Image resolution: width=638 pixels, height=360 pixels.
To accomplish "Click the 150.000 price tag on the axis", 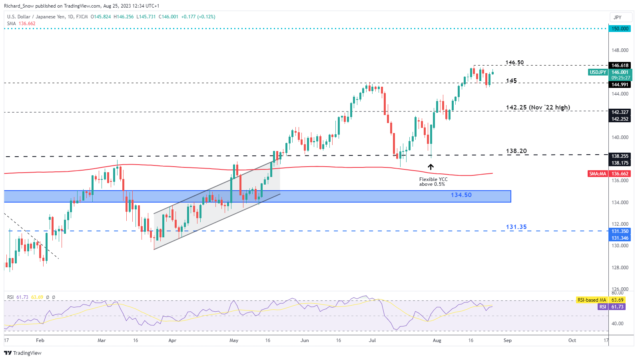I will (620, 29).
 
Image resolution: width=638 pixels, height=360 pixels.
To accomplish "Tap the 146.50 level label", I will (514, 63).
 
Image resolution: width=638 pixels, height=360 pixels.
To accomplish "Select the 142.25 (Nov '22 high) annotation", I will (538, 107).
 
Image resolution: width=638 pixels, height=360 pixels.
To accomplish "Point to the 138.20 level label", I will (516, 151).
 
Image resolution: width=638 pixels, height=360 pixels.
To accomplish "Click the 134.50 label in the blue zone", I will (461, 195).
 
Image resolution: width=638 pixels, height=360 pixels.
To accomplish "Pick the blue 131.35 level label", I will (516, 227).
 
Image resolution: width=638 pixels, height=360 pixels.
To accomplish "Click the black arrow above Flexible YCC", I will (431, 167).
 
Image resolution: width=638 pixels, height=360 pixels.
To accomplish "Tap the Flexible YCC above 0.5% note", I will (433, 182).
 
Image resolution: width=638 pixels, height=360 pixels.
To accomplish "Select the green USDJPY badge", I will (598, 72).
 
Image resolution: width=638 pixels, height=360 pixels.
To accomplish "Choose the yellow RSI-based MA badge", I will (592, 300).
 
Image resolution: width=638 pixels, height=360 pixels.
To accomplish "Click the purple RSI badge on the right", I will (603, 307).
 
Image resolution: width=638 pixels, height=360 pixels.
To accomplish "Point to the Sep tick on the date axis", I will (507, 340).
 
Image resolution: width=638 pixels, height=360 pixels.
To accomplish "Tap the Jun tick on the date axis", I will (305, 340).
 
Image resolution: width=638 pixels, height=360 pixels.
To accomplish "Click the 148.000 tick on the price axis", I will (620, 50).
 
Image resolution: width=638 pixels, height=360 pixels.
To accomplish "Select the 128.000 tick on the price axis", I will (620, 268).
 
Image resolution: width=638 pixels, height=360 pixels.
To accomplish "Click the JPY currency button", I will (618, 17).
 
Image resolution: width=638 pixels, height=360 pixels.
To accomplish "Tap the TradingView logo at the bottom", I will (23, 353).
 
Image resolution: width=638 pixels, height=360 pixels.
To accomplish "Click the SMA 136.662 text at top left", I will (21, 24).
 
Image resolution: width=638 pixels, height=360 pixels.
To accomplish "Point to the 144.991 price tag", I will (620, 85).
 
